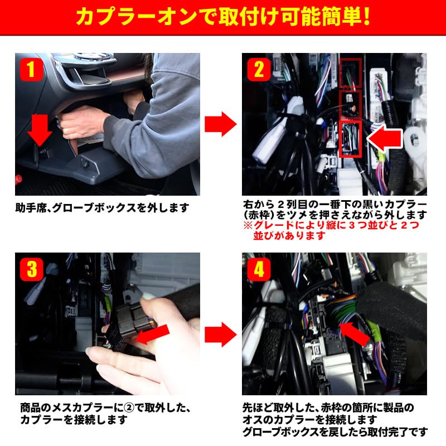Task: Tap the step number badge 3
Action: click(x=31, y=270)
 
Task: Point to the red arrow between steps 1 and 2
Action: click(x=220, y=124)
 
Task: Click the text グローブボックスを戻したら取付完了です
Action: click(x=335, y=432)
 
